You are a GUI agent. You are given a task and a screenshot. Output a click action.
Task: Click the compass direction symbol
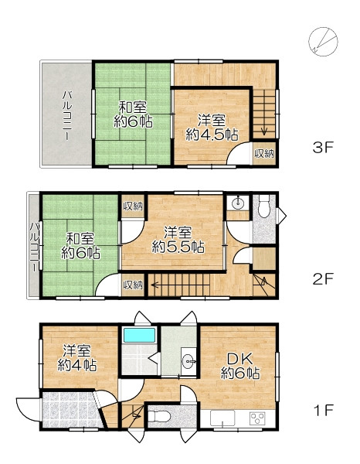tap(323, 42)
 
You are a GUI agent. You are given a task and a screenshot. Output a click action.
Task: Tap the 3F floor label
tap(323, 147)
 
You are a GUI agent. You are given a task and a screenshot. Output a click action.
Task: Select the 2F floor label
tap(323, 278)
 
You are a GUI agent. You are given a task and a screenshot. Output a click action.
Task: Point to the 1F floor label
tap(324, 410)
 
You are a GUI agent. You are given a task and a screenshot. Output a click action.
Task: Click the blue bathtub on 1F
tap(139, 335)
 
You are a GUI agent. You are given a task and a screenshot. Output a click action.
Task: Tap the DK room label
tap(240, 367)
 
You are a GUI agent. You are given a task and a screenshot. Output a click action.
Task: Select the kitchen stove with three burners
tap(257, 418)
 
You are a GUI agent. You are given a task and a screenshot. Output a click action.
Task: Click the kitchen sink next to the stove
tap(222, 418)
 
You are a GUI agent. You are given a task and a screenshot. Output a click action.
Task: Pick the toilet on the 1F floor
tap(158, 416)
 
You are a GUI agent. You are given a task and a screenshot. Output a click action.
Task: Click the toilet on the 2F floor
tap(264, 206)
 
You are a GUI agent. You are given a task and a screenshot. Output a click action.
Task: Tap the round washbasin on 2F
tap(237, 203)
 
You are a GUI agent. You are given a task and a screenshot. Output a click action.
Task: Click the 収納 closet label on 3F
tap(264, 154)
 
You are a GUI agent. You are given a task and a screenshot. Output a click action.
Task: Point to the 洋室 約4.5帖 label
tap(212, 128)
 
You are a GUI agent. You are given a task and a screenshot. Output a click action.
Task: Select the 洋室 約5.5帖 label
tap(178, 240)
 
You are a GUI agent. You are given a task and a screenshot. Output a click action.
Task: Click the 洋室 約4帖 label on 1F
tap(76, 358)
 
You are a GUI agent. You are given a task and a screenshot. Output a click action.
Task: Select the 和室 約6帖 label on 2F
tap(80, 246)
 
